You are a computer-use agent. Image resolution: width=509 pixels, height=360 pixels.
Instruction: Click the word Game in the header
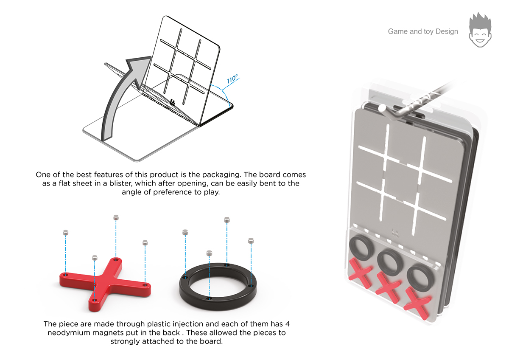tap(397, 31)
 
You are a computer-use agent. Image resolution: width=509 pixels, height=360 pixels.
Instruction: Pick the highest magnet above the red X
tap(116, 217)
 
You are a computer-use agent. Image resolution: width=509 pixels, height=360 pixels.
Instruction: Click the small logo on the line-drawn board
tap(173, 102)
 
